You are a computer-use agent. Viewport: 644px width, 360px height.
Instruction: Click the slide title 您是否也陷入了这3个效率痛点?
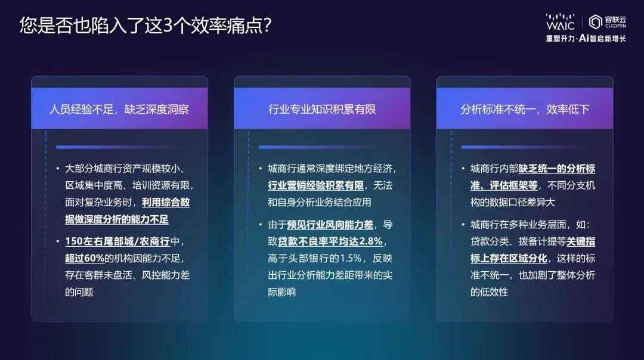click(x=145, y=26)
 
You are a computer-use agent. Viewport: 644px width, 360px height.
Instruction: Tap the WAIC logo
click(x=560, y=22)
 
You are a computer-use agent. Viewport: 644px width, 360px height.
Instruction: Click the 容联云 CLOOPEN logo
click(x=608, y=22)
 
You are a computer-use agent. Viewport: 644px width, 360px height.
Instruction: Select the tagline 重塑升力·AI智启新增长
click(x=586, y=39)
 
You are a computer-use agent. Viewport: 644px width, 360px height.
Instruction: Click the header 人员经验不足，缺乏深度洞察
click(x=119, y=109)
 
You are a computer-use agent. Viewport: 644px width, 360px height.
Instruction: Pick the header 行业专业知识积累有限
click(x=322, y=109)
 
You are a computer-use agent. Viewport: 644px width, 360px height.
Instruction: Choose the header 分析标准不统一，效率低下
click(x=525, y=109)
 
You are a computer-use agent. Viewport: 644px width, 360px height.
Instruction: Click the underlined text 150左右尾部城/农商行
click(x=117, y=241)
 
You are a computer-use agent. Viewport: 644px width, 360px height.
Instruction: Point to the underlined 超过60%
click(x=85, y=258)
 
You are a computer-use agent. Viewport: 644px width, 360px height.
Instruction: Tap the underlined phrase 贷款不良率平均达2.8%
click(x=330, y=241)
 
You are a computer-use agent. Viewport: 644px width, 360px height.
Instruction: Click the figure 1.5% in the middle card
click(x=351, y=258)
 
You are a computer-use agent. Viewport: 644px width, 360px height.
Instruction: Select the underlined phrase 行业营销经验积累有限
click(x=316, y=185)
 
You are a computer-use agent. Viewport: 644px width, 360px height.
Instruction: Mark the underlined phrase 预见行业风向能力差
click(x=330, y=225)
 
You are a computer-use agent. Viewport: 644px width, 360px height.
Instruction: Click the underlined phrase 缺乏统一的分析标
click(x=556, y=169)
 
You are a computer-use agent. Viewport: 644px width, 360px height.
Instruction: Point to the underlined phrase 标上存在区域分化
click(x=509, y=258)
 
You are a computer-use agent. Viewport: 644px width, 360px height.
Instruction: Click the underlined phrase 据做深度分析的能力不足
click(x=117, y=219)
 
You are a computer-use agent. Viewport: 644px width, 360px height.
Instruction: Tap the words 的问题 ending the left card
click(x=79, y=292)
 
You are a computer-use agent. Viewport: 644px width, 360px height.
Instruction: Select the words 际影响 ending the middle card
click(x=281, y=292)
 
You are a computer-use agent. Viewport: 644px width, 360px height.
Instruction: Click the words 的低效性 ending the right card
click(x=489, y=292)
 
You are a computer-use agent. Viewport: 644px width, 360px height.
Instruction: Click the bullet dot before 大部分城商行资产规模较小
click(x=58, y=168)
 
